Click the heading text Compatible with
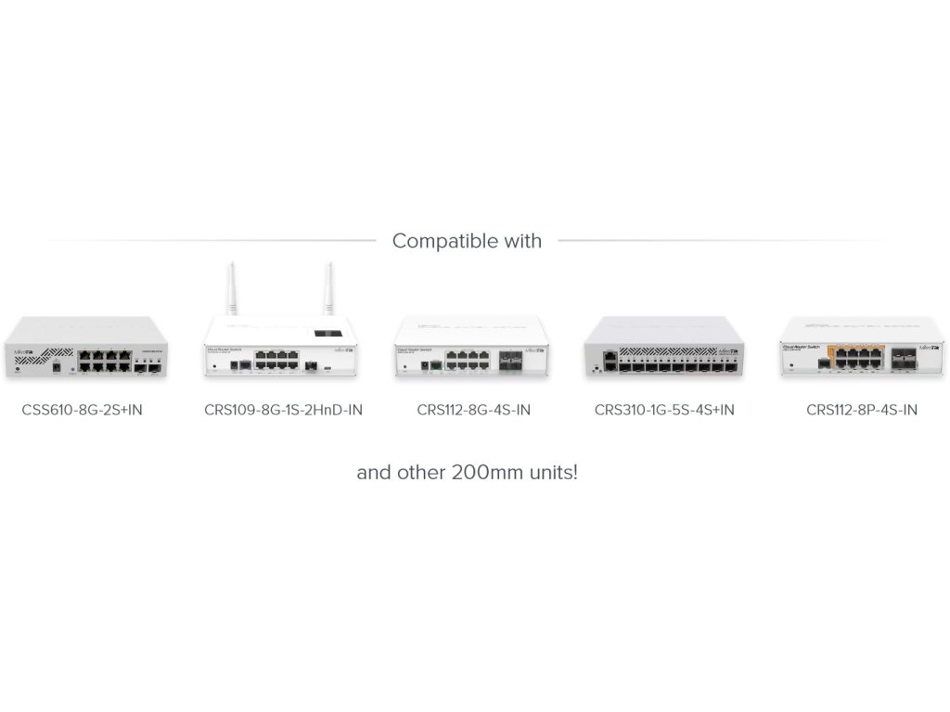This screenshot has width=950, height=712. [x=467, y=241]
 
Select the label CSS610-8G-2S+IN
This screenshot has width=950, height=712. [x=83, y=410]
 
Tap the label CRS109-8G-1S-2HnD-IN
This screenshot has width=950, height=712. [x=283, y=410]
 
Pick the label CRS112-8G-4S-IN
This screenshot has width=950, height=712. [x=474, y=410]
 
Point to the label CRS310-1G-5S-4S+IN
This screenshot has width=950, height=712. [x=664, y=410]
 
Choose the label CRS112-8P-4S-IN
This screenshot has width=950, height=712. [x=862, y=410]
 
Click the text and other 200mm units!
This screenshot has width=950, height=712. [x=468, y=472]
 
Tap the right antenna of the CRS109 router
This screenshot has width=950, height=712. [x=327, y=289]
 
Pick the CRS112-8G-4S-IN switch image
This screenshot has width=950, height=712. [x=473, y=349]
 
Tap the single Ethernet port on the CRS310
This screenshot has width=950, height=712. [x=608, y=355]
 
